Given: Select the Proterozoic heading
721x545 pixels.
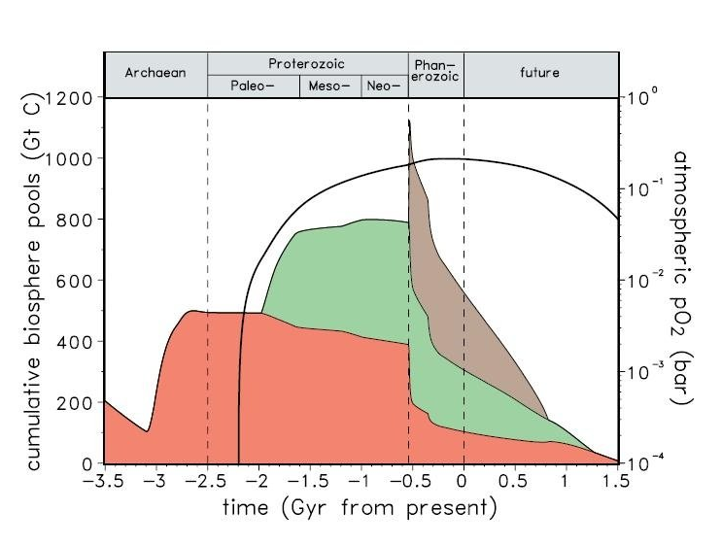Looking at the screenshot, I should tap(307, 64).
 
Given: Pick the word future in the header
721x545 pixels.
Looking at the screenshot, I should tap(539, 73).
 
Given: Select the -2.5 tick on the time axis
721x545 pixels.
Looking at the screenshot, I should tap(207, 481).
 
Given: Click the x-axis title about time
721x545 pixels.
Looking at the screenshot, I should tap(360, 507).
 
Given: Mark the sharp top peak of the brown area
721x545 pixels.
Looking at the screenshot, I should tap(409, 121).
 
